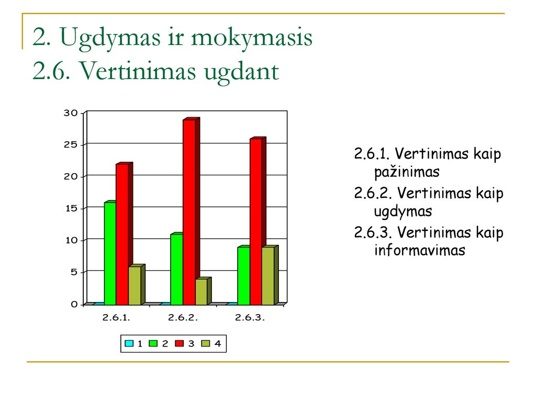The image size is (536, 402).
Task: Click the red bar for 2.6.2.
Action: pos(189,212)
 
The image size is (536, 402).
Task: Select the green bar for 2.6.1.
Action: pos(110,254)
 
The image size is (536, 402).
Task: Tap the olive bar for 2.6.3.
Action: pos(268,276)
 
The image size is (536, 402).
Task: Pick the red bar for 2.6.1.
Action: pos(122,234)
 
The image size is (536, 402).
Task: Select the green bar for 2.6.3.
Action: pos(244,276)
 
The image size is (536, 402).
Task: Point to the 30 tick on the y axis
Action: pos(71,113)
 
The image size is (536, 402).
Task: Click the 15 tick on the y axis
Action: pos(71,208)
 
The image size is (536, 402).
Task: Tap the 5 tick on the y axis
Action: pos(74,272)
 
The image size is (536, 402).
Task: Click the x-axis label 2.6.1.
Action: pos(116,318)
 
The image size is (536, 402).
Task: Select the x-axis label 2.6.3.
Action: pos(250,318)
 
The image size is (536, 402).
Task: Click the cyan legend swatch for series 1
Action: pos(129,343)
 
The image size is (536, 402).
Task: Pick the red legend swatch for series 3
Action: pos(179,343)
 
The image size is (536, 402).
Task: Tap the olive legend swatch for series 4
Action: pos(205,343)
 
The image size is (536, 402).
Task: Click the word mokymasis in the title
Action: pos(252,38)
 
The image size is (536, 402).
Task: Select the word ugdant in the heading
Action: pos(241,72)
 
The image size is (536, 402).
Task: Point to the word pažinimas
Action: pos(407,172)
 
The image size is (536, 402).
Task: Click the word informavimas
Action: pos(420,250)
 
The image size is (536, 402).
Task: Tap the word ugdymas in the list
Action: pos(403,211)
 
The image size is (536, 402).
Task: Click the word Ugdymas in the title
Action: pos(110,38)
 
